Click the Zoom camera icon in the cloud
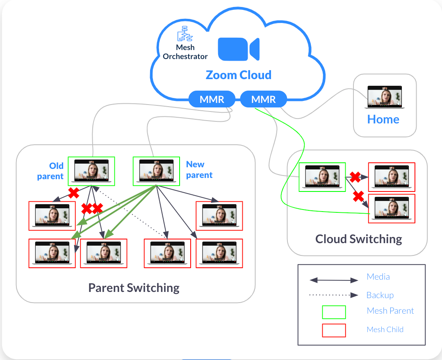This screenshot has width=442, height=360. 239,49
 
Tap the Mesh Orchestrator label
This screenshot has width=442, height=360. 185,52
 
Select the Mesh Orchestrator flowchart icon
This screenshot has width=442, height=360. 185,34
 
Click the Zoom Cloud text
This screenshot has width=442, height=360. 238,75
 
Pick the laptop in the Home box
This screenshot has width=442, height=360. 385,97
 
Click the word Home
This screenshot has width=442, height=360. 383,119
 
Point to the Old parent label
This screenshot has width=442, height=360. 51,171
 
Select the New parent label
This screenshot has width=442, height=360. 199,170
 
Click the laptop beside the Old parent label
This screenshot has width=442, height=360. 91,171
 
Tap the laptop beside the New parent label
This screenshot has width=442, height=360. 157,171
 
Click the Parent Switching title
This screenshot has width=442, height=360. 134,287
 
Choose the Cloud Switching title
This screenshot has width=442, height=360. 358,239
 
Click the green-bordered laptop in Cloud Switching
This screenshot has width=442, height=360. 322,177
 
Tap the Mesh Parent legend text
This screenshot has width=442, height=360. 390,311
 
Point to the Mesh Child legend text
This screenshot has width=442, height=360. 385,329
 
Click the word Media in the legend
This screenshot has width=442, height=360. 378,277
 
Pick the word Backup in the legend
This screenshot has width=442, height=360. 380,295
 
